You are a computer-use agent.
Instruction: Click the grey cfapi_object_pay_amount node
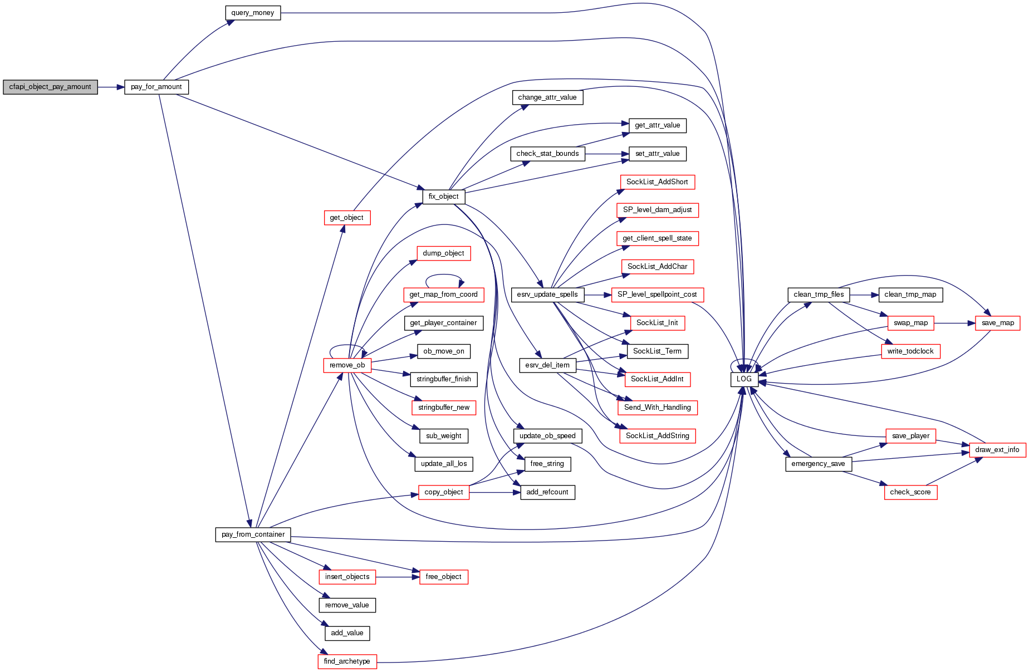click(x=50, y=87)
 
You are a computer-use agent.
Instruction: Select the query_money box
click(x=253, y=13)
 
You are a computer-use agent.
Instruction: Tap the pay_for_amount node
click(x=156, y=87)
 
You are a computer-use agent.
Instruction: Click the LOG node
click(x=744, y=379)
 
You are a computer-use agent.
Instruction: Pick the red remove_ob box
click(x=347, y=365)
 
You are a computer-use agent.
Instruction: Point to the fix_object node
click(x=443, y=197)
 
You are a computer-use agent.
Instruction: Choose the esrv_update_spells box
click(x=547, y=295)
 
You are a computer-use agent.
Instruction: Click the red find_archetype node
click(x=347, y=661)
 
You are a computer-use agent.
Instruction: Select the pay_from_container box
click(x=253, y=534)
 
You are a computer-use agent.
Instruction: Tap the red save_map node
click(x=997, y=323)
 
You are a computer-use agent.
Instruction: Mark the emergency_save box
click(x=818, y=464)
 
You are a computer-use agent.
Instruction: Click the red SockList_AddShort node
click(x=657, y=182)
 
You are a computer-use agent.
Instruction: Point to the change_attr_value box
click(x=547, y=97)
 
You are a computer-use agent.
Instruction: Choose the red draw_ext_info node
click(x=997, y=450)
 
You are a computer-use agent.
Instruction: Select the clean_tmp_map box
click(x=910, y=295)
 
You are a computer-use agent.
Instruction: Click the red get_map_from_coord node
click(x=443, y=295)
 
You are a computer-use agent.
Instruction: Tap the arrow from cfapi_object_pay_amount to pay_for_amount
click(x=111, y=87)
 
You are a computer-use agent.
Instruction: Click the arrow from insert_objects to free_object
click(x=397, y=577)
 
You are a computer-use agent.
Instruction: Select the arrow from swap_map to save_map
click(x=954, y=323)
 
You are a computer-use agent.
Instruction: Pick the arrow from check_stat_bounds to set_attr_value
click(x=606, y=154)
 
